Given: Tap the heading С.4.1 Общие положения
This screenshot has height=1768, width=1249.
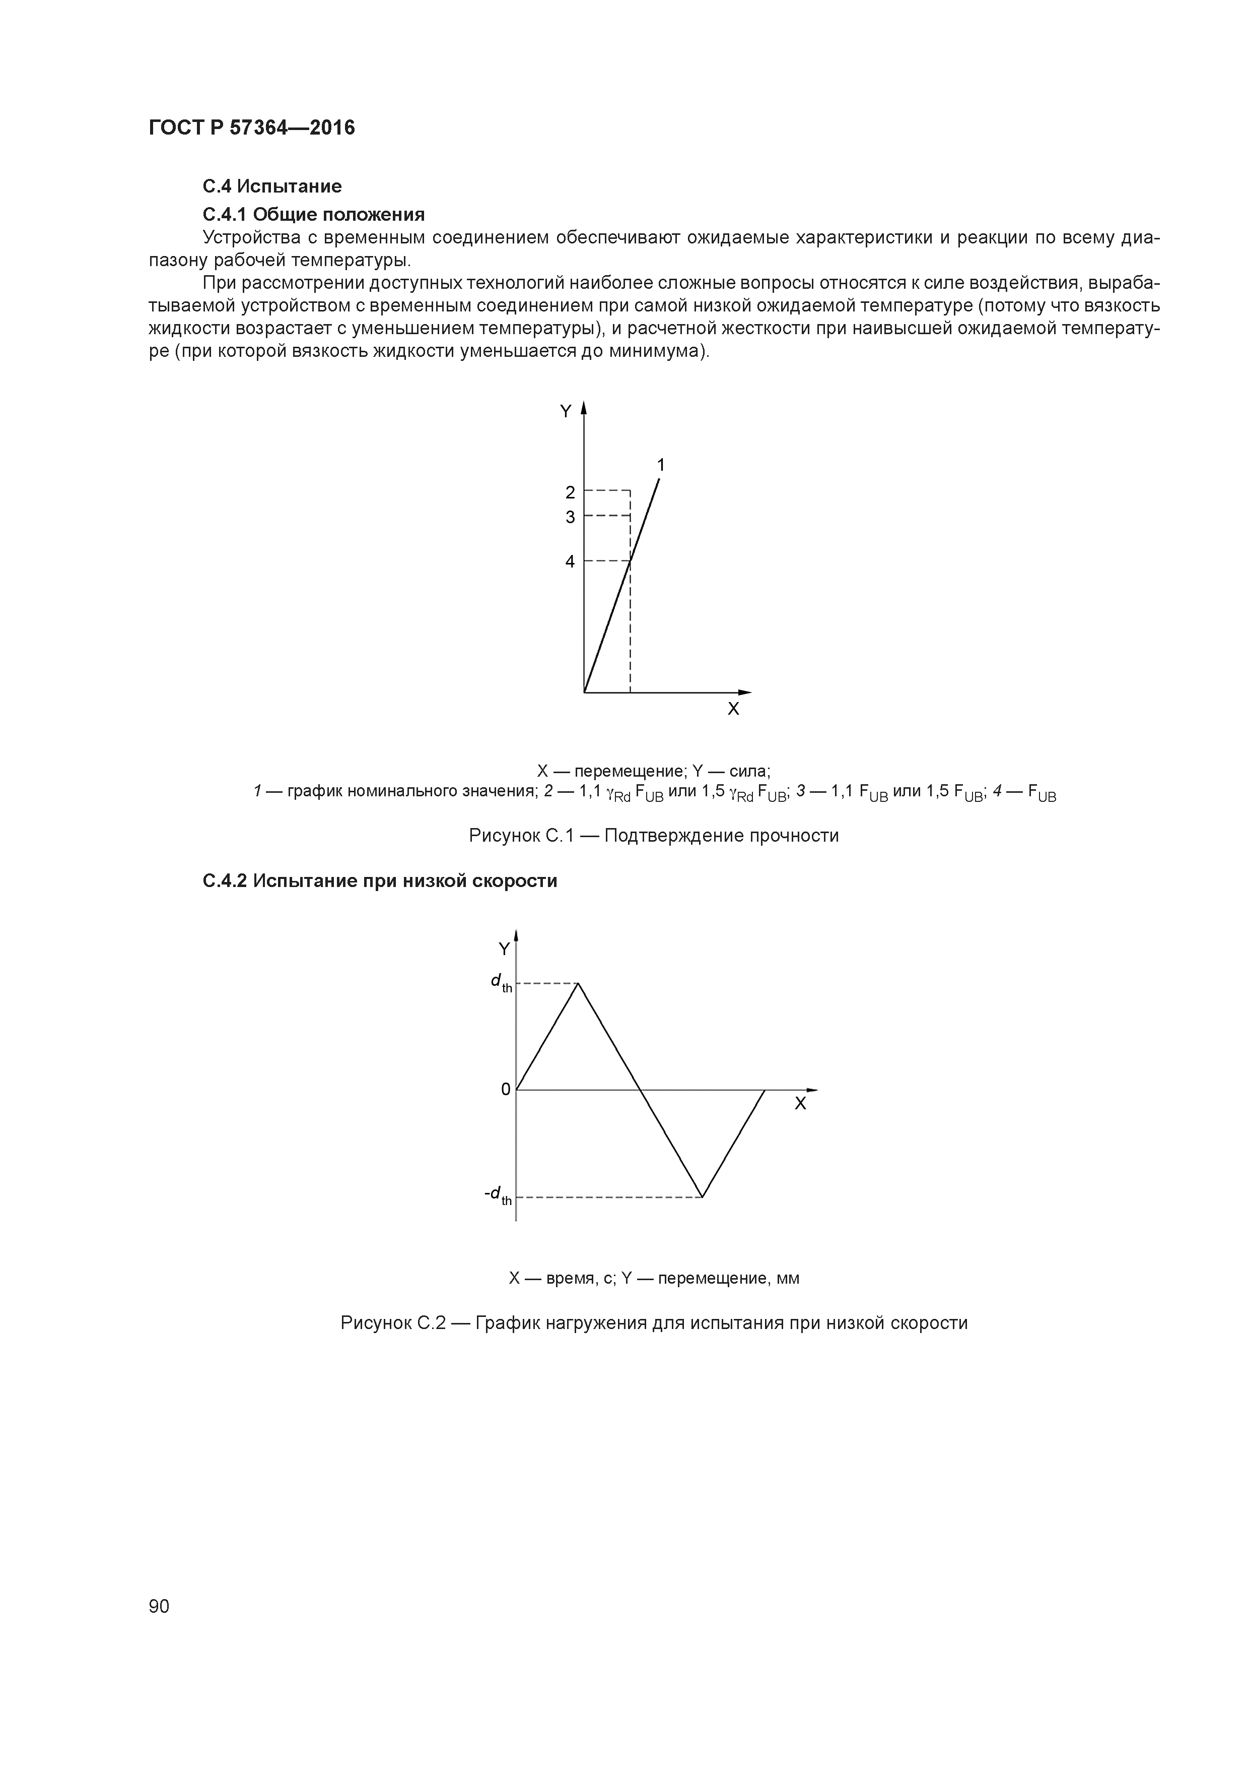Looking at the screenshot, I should point(313,213).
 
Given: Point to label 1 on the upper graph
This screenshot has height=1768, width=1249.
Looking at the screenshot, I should point(660,465).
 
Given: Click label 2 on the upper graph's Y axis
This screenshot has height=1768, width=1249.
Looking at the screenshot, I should point(570,492).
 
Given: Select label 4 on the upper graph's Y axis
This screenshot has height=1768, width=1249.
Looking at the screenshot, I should point(570,562).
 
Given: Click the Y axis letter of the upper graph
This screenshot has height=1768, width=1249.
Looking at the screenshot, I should point(566,412).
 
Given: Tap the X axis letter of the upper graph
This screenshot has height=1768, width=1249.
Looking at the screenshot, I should point(733,709).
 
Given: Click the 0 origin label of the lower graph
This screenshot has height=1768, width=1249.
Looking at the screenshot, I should point(506,1089).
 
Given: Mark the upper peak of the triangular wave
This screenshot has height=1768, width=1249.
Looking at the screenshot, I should point(578,983).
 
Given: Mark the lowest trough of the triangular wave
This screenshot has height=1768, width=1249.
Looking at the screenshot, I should point(703,1196).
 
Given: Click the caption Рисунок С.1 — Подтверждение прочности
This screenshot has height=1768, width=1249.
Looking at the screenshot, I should point(653,836).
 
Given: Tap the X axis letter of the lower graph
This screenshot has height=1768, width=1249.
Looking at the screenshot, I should point(800,1104).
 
